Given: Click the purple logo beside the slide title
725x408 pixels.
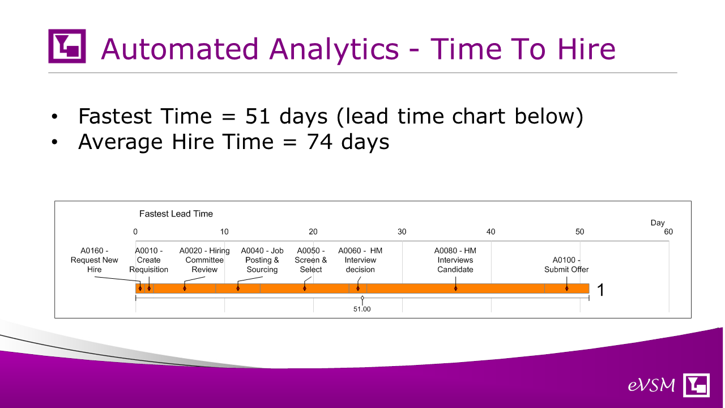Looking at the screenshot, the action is (67, 46).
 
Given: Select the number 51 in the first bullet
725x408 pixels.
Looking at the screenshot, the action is (258, 116).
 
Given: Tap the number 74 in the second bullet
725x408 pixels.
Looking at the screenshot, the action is (319, 142).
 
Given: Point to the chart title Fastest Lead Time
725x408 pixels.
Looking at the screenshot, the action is (176, 214).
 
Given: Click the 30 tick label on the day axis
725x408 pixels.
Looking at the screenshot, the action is (402, 232).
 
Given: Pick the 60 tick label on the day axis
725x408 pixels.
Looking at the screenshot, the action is (668, 232).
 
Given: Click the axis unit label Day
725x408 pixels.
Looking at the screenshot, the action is (658, 223).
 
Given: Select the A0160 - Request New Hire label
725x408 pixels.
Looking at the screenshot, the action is (94, 260).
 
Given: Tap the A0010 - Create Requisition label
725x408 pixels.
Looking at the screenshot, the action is (148, 260).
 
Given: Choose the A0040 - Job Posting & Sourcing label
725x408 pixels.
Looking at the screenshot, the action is (262, 260).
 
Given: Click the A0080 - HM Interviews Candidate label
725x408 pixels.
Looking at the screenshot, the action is (455, 260).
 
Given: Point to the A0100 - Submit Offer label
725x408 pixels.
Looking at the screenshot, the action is (566, 265).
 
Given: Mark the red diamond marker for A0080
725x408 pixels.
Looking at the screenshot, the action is (455, 288).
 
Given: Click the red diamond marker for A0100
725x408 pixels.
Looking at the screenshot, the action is (567, 288).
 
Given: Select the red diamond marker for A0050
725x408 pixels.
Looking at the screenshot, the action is (305, 288).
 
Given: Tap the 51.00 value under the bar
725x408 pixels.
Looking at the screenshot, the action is (362, 309).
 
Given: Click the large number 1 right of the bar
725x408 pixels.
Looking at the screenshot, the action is (600, 290).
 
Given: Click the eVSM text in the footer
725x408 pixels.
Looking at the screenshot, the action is (651, 385).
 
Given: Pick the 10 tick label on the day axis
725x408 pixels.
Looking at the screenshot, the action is (224, 232).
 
